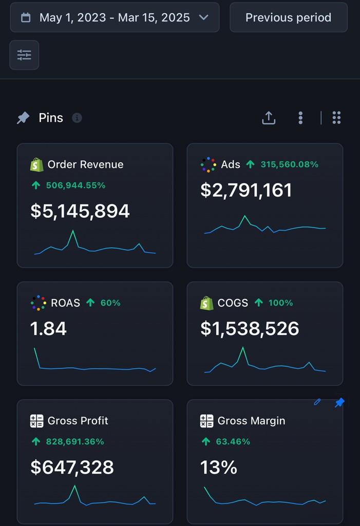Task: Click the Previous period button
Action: coord(288,17)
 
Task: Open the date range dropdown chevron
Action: coord(203,17)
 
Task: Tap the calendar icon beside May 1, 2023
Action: coord(25,17)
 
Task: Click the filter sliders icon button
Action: coord(24,55)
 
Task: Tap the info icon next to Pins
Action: coord(77,118)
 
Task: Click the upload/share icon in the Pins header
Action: coord(269,118)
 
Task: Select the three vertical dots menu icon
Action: coord(300,118)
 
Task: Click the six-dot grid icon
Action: coord(336,118)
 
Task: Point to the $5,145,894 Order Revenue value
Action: coord(80,211)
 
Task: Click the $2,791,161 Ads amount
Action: coord(246,190)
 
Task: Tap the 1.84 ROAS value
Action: coord(48,329)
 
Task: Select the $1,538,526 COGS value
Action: coord(250,329)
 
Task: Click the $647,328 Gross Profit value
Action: coord(72,467)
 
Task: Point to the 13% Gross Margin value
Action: coord(218,467)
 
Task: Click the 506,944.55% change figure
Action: coord(75,185)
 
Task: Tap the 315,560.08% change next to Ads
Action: coord(289,164)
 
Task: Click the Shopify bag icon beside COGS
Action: coord(206,303)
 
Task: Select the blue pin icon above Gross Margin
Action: coord(339,403)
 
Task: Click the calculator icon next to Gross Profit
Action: coord(36,421)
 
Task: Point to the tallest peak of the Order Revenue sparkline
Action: coord(73,231)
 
